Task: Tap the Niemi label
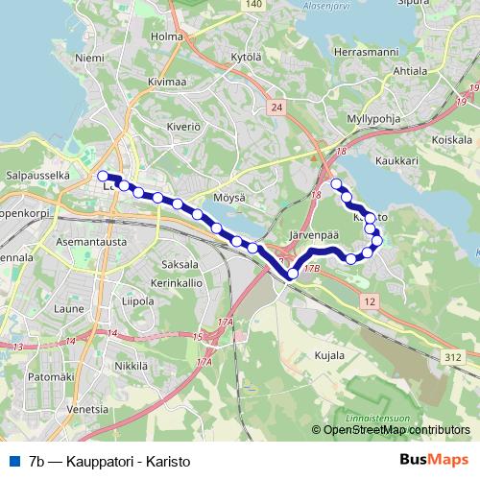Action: click(x=89, y=59)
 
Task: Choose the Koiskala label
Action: click(x=450, y=137)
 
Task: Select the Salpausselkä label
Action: click(x=36, y=177)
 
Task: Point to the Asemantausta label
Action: click(x=87, y=242)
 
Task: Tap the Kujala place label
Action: click(x=329, y=356)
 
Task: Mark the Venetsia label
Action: click(x=87, y=409)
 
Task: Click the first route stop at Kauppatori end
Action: click(x=103, y=176)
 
